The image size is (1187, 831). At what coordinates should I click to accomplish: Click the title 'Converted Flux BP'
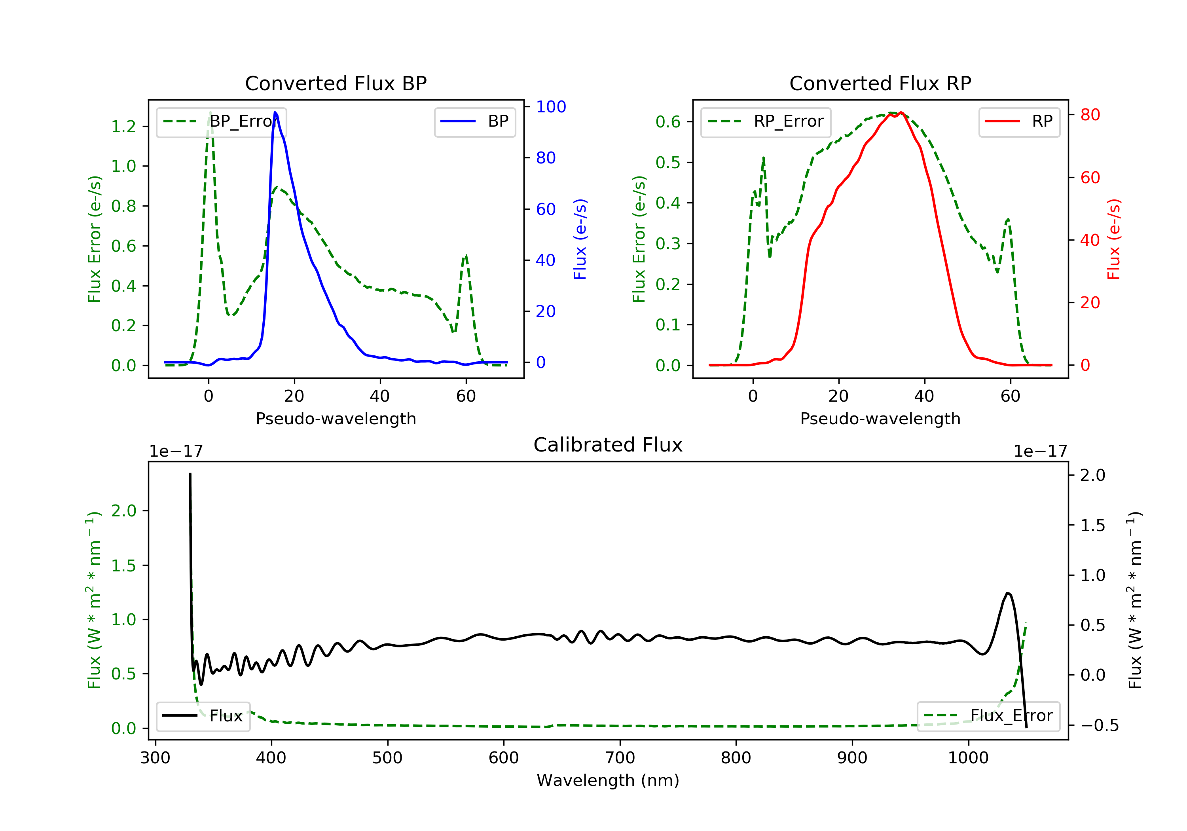[x=336, y=83]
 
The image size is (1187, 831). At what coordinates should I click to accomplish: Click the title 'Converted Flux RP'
[x=880, y=83]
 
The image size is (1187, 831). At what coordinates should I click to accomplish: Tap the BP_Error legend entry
[x=221, y=122]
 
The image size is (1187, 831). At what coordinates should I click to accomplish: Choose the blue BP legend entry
[x=474, y=122]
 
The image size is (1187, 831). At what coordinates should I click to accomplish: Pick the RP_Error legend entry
[x=765, y=122]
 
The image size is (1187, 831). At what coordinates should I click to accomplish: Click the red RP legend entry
[x=1019, y=122]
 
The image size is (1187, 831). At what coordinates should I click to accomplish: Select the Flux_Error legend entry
[x=988, y=716]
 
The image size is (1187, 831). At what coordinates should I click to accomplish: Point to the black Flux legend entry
[x=203, y=716]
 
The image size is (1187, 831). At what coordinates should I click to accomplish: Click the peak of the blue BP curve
[x=275, y=112]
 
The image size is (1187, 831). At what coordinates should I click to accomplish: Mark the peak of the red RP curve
[x=901, y=112]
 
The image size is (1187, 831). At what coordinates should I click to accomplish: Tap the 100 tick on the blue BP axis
[x=551, y=106]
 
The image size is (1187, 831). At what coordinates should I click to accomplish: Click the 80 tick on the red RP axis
[x=1090, y=115]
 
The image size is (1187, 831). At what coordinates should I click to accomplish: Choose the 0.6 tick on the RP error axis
[x=668, y=122]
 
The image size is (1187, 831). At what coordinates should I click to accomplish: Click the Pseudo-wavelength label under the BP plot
[x=336, y=418]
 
